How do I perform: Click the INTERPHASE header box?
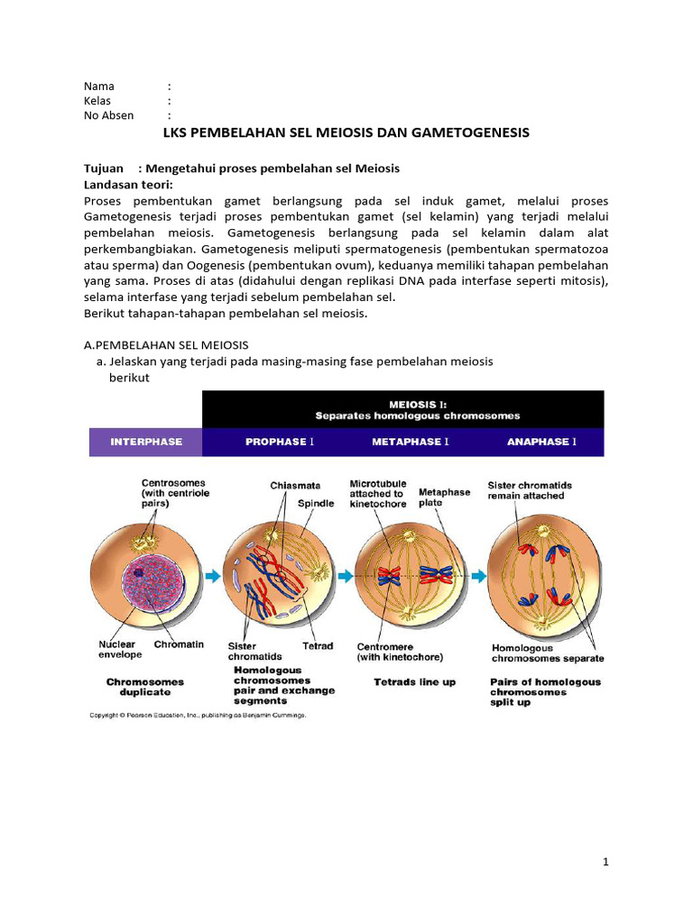[x=146, y=442]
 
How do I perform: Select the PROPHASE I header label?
[x=280, y=442]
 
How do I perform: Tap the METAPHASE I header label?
[x=411, y=442]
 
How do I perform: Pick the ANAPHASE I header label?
[x=541, y=442]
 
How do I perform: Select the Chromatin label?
[x=179, y=644]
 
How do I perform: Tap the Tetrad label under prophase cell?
[x=318, y=645]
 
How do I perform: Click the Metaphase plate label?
[x=444, y=498]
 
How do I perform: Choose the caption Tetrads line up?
[x=415, y=682]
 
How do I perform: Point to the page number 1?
[x=606, y=863]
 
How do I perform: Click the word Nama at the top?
[x=99, y=87]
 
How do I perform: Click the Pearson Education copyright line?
[x=198, y=715]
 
